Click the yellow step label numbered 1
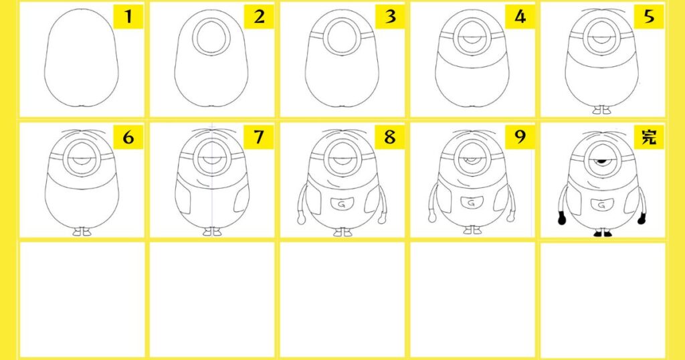128,17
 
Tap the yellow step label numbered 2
259,17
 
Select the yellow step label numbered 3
390,17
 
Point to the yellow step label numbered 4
520,17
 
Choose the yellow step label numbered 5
649,17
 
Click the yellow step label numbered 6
128,137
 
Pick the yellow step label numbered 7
259,137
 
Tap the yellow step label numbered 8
390,137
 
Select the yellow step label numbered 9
520,137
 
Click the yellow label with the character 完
649,137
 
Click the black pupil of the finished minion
601,163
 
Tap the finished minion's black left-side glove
562,217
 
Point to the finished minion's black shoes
603,234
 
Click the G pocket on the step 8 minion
342,204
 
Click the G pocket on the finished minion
601,205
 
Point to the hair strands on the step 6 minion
82,132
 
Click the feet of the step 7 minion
212,232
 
